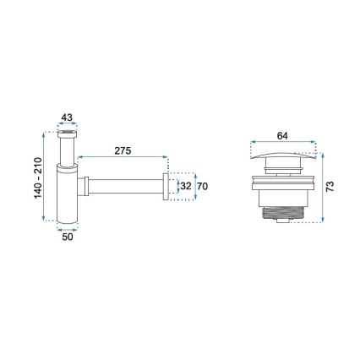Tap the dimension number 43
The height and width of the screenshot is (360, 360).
click(x=68, y=118)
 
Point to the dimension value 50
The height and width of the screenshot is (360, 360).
click(x=68, y=237)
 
